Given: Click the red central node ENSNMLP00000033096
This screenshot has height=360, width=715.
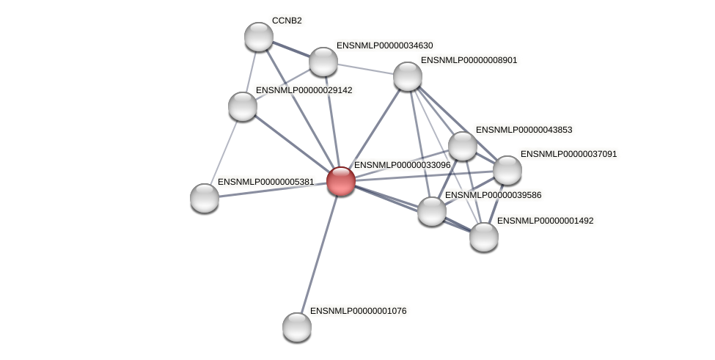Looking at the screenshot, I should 340,181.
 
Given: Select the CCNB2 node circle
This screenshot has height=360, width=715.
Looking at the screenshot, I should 258,37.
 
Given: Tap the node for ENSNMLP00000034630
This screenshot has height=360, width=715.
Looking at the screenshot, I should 323,62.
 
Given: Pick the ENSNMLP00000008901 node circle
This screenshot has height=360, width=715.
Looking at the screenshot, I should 408,76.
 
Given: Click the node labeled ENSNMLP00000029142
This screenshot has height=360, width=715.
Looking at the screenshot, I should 243,106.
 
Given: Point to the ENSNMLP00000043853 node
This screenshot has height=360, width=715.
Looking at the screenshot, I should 463,146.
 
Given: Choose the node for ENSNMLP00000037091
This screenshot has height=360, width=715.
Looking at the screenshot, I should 507,170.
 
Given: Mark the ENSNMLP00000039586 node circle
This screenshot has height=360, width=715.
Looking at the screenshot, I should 432,211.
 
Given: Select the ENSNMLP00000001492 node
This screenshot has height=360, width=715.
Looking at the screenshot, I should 483,236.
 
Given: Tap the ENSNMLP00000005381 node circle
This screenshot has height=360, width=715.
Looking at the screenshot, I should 205,197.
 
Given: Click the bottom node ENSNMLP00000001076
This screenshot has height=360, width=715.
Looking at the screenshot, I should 297,326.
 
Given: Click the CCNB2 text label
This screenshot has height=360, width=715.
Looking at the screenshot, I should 287,21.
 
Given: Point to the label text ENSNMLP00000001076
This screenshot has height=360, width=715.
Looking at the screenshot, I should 358,311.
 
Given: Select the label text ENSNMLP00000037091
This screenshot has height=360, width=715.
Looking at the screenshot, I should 568,154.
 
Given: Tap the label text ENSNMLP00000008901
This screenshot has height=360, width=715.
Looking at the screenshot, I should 469,60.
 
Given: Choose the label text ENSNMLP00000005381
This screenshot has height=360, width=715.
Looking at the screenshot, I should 265,181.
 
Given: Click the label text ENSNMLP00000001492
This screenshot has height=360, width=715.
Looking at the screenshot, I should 545,220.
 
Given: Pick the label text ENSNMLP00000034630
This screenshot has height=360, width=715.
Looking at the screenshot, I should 384,45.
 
